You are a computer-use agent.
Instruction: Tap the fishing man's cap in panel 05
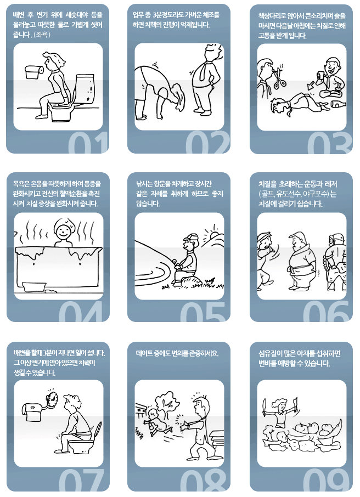point(190,238)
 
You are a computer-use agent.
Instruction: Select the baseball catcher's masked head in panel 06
point(336,240)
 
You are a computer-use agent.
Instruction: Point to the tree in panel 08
point(166,404)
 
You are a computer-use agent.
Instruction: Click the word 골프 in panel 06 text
point(267,195)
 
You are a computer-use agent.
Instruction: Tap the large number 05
point(199,315)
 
